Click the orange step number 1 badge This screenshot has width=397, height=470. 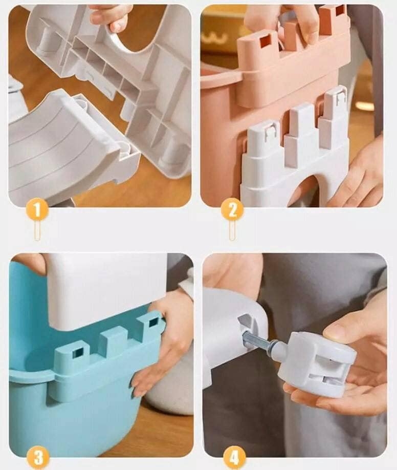(37, 209)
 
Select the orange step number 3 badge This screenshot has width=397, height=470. (38, 459)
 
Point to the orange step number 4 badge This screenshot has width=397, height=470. (234, 459)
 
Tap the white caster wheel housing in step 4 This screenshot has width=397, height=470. (316, 364)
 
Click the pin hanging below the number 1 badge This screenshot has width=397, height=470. (37, 231)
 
